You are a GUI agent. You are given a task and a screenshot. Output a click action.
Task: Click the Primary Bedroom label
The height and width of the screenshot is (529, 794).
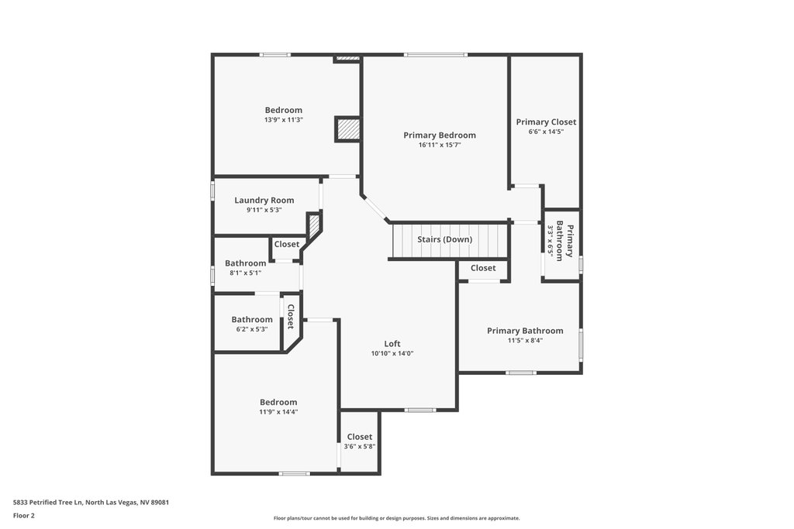tap(440, 135)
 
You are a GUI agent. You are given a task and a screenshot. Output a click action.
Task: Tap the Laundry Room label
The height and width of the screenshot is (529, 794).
tap(264, 201)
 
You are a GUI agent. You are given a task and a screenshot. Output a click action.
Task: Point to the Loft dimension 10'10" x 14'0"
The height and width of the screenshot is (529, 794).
tap(392, 353)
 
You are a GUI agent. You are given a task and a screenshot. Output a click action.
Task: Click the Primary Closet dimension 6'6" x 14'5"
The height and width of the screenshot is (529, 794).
tap(546, 132)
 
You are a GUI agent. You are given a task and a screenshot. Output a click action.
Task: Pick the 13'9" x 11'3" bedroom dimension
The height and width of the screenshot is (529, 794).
tap(284, 120)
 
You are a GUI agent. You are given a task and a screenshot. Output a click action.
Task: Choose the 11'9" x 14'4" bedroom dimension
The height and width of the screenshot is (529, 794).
tap(278, 412)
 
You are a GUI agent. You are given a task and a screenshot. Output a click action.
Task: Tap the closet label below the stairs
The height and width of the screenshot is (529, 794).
tap(483, 268)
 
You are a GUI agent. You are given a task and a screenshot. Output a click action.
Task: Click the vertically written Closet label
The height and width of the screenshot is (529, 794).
tap(291, 317)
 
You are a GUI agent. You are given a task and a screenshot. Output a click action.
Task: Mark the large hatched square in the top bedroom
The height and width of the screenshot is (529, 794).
tap(347, 129)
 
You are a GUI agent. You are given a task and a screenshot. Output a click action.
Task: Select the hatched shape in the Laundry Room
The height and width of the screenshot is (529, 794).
tap(314, 224)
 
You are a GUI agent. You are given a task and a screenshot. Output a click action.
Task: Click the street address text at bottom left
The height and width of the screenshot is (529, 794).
tap(91, 503)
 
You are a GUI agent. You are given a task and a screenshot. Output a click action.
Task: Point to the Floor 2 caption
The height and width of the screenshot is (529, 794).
tap(24, 516)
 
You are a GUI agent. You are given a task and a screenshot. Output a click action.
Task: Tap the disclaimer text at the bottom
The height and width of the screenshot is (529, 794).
tap(396, 518)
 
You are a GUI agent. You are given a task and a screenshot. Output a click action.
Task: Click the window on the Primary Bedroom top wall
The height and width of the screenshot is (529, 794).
tap(436, 55)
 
